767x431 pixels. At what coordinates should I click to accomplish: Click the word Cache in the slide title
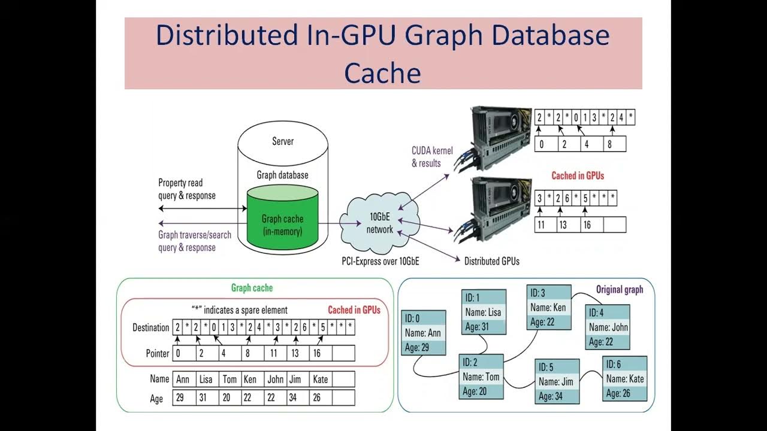tap(382, 72)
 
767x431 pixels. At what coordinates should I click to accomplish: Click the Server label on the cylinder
tap(283, 141)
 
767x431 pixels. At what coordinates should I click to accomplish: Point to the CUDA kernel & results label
tap(432, 157)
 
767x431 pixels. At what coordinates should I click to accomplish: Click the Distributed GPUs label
tap(491, 261)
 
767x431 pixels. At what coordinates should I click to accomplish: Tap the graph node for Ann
tap(423, 333)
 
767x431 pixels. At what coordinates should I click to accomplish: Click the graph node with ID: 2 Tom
tap(481, 377)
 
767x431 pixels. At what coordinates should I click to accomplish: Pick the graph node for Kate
tap(624, 378)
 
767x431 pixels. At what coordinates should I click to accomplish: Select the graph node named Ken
tap(548, 307)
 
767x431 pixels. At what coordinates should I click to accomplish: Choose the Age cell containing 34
tap(297, 398)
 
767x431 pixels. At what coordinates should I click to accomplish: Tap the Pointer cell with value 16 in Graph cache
tap(320, 353)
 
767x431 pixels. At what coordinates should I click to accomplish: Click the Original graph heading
tap(619, 290)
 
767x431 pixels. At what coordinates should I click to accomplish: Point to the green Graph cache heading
tap(252, 288)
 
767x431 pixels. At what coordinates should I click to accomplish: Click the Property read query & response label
tap(186, 189)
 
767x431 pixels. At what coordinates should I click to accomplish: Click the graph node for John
tap(608, 327)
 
